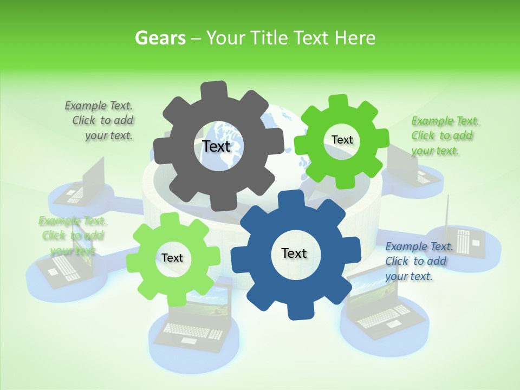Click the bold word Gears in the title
(159, 38)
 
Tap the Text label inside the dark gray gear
(216, 146)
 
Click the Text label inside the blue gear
(294, 253)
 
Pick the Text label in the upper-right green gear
(342, 140)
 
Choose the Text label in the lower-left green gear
(172, 258)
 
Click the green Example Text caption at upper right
(444, 135)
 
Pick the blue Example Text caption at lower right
(418, 261)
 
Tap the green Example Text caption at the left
(72, 236)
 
